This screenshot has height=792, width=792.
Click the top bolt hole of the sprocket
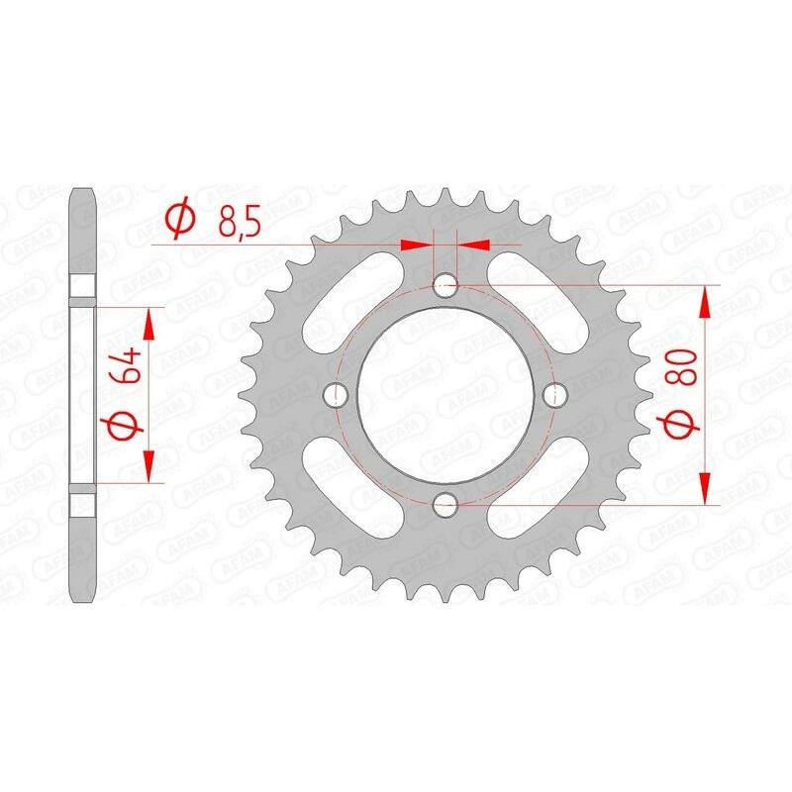click(445, 286)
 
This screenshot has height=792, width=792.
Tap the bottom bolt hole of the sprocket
click(445, 504)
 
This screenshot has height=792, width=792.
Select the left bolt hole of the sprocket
click(336, 395)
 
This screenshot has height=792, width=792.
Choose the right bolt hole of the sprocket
click(553, 395)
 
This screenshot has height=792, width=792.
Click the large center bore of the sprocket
click(445, 395)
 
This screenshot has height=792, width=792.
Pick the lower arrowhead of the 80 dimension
click(705, 491)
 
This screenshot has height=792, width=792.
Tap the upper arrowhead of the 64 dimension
click(149, 320)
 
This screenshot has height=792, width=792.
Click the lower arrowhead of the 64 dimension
click(149, 469)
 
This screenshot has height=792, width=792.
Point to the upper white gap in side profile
click(83, 285)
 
